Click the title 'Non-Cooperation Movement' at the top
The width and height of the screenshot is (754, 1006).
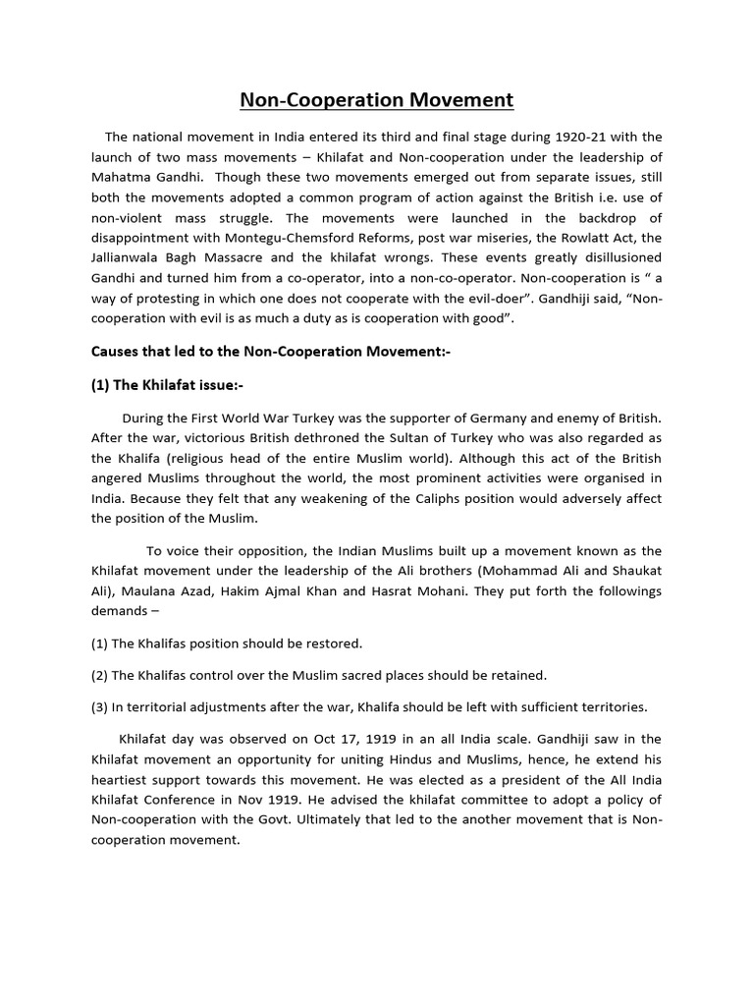377,100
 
